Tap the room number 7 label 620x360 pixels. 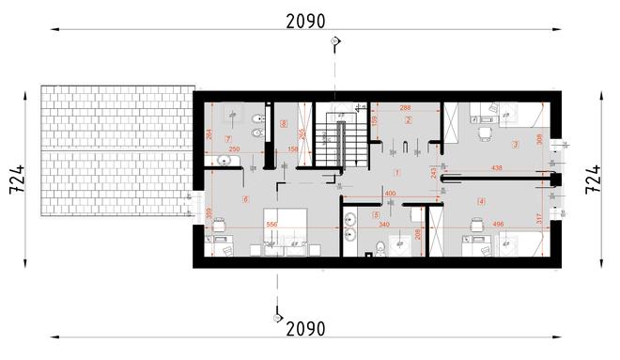(x=227, y=139)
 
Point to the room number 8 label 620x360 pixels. (x=283, y=123)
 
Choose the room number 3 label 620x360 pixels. (x=515, y=145)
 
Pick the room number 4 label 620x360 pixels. (x=481, y=201)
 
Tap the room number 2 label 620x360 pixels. (x=409, y=120)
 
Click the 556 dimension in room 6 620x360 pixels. (x=271, y=226)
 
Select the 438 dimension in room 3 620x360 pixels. (x=497, y=169)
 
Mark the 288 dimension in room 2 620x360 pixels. (x=406, y=108)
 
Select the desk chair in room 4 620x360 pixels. (x=474, y=224)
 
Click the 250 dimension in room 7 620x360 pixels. (x=235, y=150)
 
